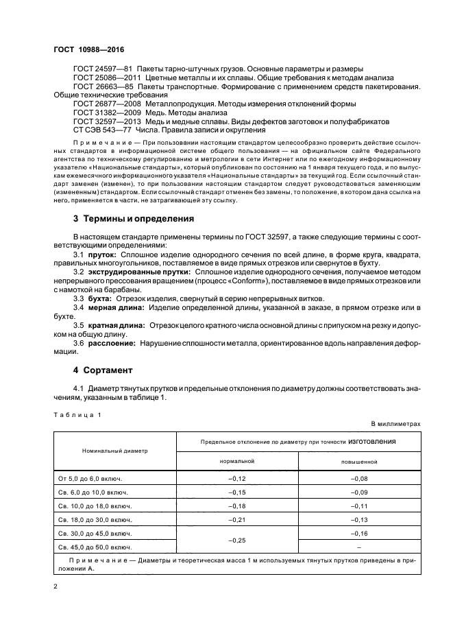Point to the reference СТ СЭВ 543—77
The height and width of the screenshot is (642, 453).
point(103,130)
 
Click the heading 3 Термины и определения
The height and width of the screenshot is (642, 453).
point(134,219)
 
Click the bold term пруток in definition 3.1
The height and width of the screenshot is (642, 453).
point(102,253)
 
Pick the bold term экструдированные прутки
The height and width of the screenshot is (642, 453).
point(137,272)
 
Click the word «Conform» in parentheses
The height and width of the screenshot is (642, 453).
point(245,281)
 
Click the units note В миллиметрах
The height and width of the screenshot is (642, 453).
point(396,424)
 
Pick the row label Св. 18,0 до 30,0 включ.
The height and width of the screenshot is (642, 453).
point(92,519)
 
